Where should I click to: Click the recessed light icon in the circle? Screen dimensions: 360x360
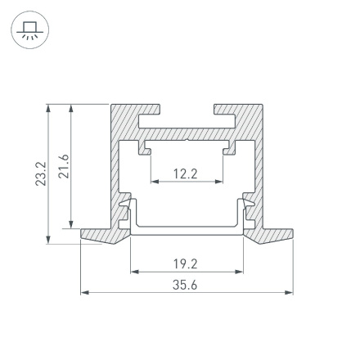pyautogui.click(x=30, y=31)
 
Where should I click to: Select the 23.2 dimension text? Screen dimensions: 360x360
pyautogui.click(x=41, y=173)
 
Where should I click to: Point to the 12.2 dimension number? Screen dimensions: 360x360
pyautogui.click(x=186, y=173)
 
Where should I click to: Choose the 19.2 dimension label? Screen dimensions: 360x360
pyautogui.click(x=186, y=263)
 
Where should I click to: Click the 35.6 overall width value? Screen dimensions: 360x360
pyautogui.click(x=186, y=285)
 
